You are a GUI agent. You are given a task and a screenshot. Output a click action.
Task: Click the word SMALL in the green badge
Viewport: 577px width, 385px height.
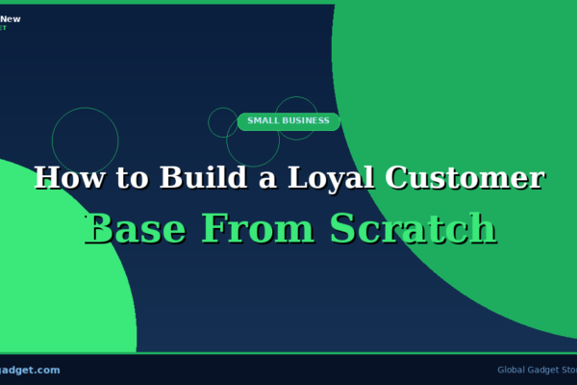pos(264,121)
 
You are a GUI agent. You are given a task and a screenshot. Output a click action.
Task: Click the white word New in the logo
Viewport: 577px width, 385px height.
pos(11,18)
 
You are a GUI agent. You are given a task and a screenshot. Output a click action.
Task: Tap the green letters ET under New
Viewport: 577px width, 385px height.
pos(3,27)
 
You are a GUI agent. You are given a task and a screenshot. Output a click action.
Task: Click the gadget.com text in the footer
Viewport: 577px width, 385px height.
pos(30,370)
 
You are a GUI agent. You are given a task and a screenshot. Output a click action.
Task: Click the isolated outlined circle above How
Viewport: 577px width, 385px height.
pos(85,140)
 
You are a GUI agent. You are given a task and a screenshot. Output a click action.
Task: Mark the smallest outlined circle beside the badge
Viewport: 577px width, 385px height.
pos(222,121)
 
